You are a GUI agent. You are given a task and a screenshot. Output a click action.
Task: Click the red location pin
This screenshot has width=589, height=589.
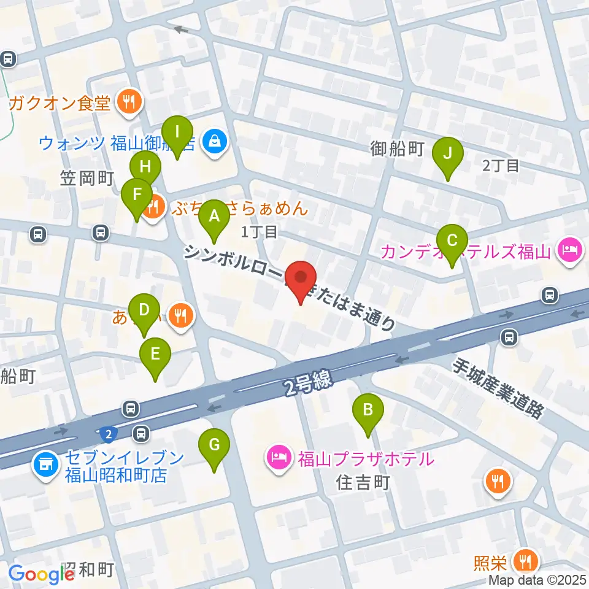301,280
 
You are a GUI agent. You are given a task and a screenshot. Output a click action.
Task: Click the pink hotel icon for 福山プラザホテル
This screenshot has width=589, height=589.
279,458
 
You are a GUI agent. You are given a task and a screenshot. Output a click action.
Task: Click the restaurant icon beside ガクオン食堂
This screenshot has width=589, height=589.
129,102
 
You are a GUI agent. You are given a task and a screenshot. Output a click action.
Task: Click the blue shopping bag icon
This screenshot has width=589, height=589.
215,142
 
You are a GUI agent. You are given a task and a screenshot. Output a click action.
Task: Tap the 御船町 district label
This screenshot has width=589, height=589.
398,149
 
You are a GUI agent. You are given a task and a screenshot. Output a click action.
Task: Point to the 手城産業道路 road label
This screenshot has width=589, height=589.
498,389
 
